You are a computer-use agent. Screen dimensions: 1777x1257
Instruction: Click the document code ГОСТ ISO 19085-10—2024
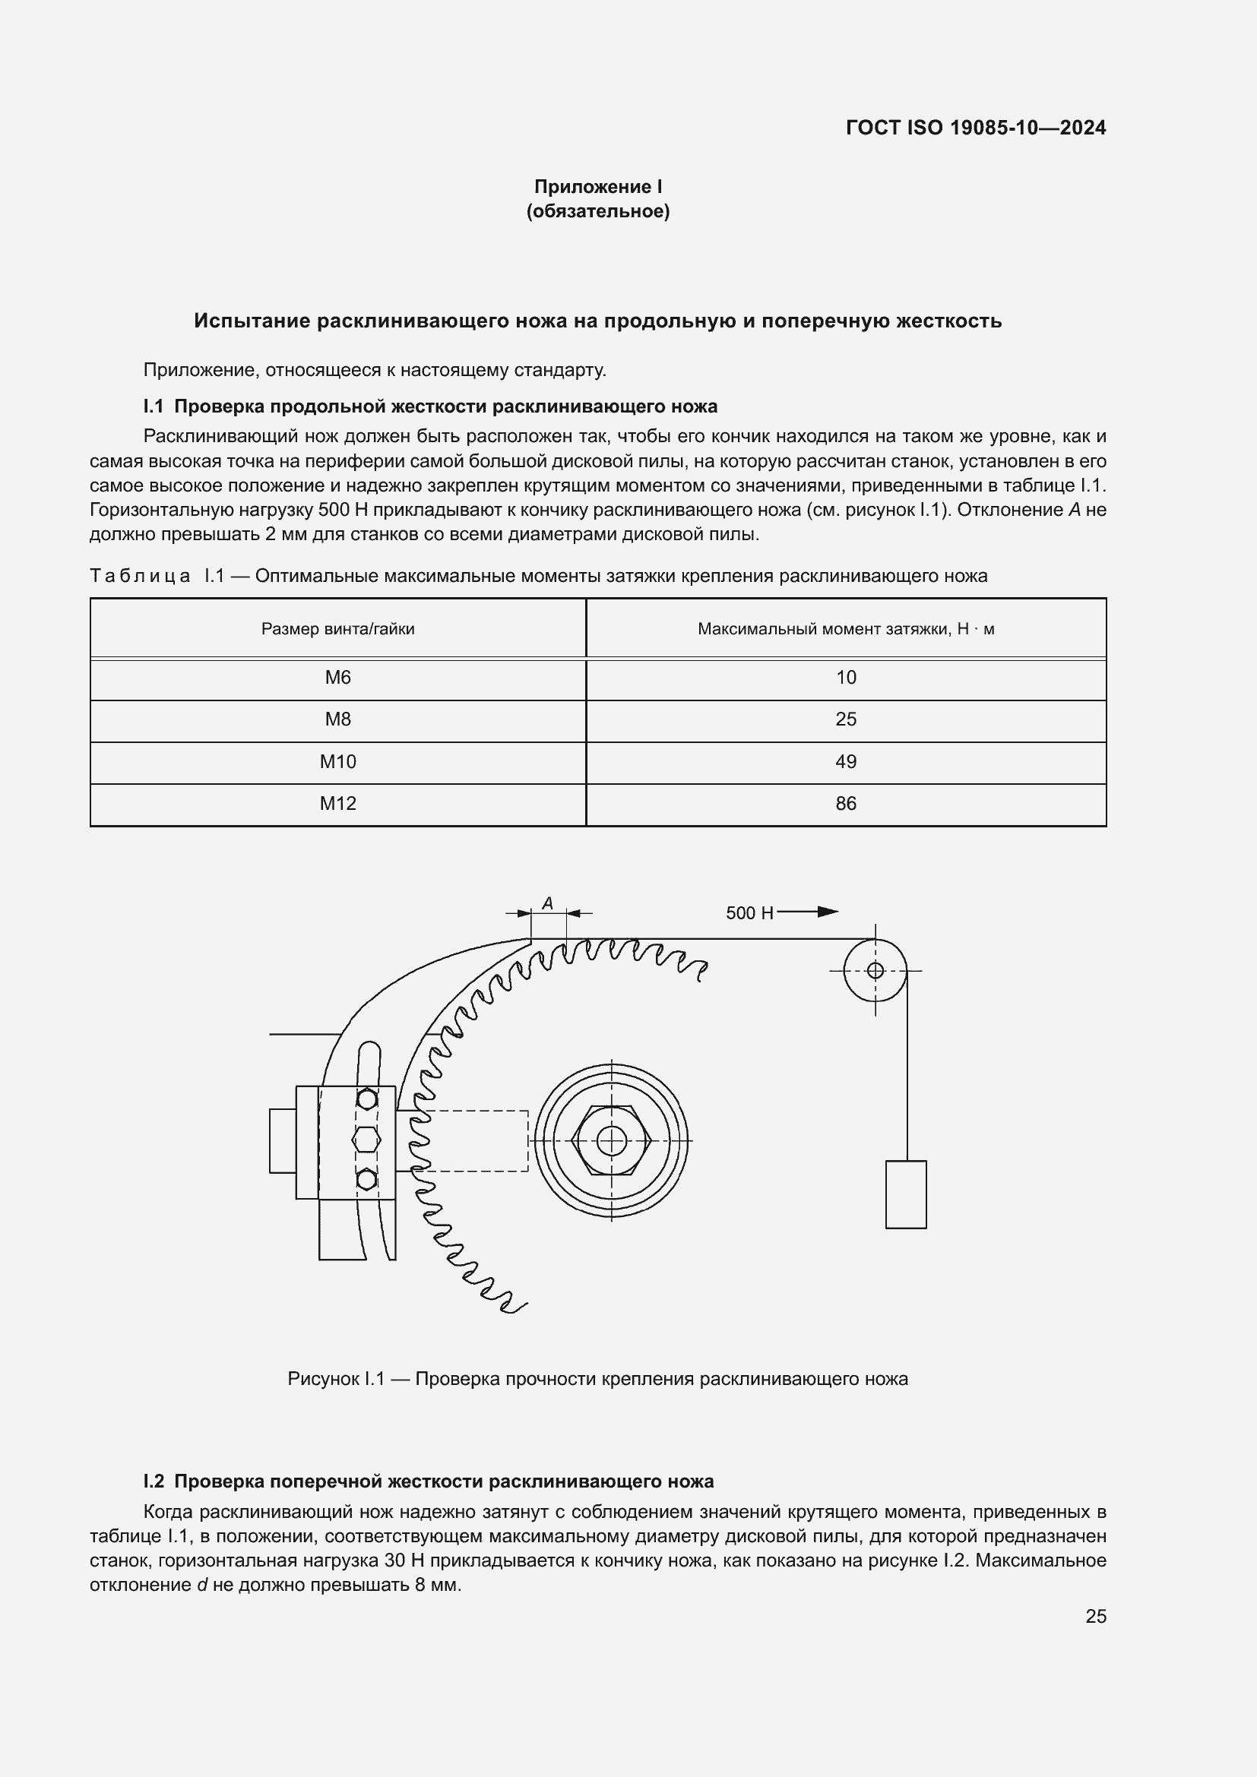[975, 128]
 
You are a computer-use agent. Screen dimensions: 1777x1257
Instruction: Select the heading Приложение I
[597, 187]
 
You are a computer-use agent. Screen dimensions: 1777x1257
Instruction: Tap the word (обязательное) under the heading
[597, 211]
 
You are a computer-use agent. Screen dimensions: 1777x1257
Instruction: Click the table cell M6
[337, 678]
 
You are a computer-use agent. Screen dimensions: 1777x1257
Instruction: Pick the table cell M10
[337, 761]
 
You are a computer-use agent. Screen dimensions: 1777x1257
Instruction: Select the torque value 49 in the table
[845, 761]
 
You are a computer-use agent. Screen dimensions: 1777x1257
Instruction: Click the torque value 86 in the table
[845, 803]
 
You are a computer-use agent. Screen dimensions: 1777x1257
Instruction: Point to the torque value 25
[845, 719]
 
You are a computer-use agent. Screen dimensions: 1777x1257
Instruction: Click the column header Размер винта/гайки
[337, 629]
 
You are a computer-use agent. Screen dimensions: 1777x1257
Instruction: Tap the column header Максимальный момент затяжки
[845, 629]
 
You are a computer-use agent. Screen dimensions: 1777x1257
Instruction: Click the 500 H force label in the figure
[749, 913]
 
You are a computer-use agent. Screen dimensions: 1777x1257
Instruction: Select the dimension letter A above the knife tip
[547, 903]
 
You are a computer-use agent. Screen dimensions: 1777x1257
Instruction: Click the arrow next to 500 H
[809, 912]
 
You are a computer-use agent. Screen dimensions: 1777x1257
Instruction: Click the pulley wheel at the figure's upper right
[875, 970]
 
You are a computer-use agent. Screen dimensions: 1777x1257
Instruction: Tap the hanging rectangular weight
[906, 1194]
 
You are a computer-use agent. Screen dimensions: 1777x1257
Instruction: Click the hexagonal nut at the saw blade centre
[612, 1140]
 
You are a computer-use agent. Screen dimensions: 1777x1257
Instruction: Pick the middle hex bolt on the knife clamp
[366, 1139]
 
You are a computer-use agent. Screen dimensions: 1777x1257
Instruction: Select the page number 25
[1095, 1616]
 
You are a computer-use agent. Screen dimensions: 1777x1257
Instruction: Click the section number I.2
[154, 1481]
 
